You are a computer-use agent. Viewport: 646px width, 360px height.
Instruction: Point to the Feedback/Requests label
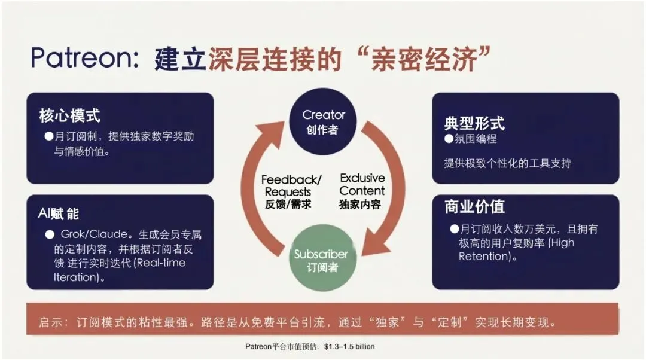pos(291,191)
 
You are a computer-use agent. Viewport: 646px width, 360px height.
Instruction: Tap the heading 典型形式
pos(474,123)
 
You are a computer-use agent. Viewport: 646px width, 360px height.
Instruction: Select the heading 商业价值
pos(474,206)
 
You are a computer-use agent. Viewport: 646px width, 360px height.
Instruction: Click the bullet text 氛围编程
pos(476,139)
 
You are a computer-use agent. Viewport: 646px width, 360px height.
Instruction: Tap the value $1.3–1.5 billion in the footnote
pos(349,346)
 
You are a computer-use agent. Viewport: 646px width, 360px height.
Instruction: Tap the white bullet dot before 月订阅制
pos(49,136)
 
